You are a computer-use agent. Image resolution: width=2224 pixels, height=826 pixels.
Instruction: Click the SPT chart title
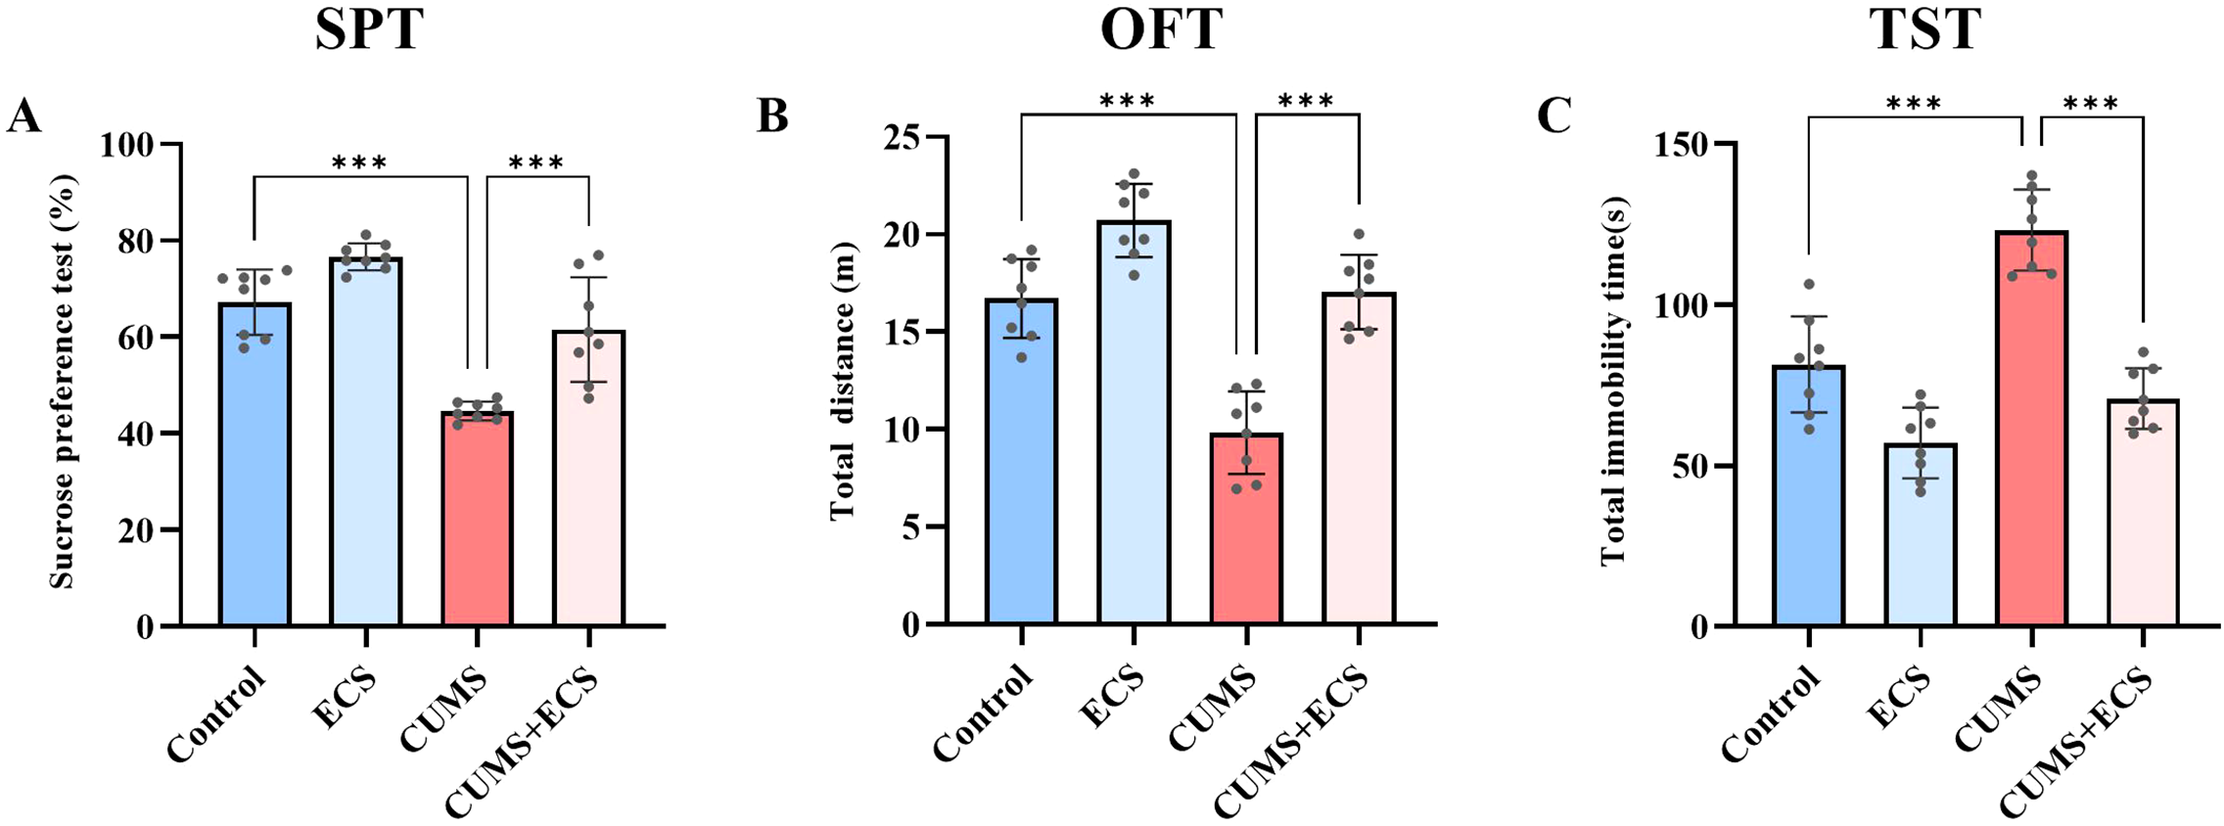point(369,29)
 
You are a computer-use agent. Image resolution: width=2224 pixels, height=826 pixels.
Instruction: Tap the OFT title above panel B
point(1161,29)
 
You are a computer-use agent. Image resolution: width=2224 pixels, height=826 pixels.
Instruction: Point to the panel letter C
point(1553,116)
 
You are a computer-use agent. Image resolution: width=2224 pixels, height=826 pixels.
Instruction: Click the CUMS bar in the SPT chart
point(477,519)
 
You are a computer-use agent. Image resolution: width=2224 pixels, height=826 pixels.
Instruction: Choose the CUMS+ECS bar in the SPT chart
point(588,479)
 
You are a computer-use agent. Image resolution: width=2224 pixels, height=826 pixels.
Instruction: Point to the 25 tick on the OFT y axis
point(905,138)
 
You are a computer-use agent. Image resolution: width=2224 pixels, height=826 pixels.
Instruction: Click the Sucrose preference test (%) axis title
point(62,382)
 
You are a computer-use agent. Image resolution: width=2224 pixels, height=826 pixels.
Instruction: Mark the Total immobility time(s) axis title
point(1612,382)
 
